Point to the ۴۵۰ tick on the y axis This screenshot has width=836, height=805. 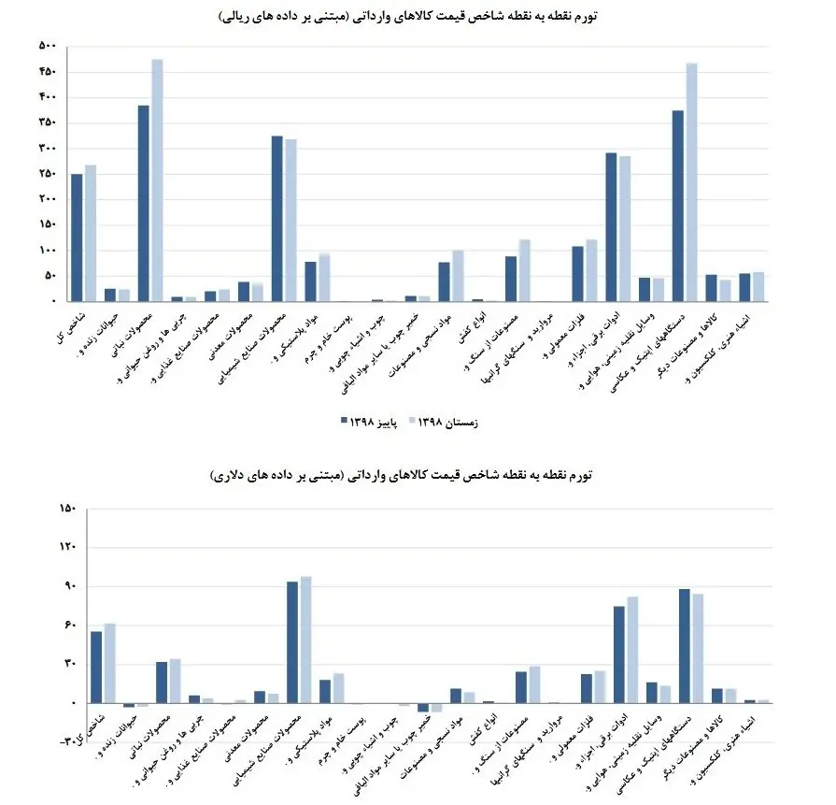pyautogui.click(x=48, y=72)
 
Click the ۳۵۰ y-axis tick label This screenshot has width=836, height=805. pyautogui.click(x=48, y=122)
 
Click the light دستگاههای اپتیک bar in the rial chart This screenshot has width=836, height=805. pyautogui.click(x=691, y=182)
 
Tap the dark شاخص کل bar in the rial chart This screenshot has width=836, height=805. pyautogui.click(x=77, y=237)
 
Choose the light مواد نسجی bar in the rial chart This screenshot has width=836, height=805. pyautogui.click(x=458, y=276)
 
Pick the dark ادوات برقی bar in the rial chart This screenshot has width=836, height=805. pyautogui.click(x=611, y=226)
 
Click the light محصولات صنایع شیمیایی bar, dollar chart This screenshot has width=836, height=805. pyautogui.click(x=305, y=640)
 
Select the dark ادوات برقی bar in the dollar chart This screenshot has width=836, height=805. pyautogui.click(x=619, y=654)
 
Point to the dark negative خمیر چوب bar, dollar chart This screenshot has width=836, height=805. pyautogui.click(x=423, y=708)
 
